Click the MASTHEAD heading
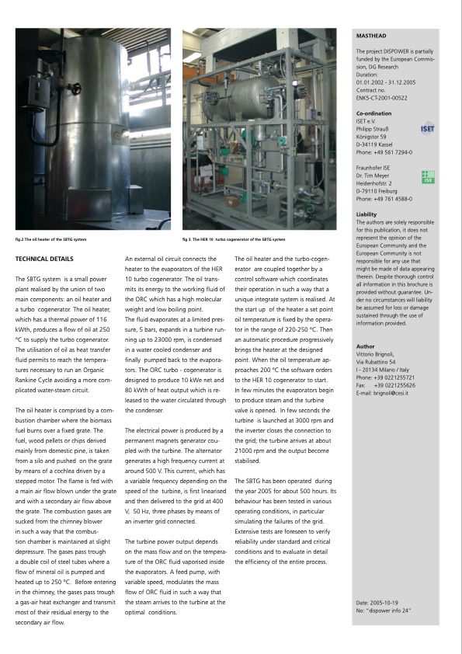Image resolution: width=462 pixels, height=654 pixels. (x=370, y=35)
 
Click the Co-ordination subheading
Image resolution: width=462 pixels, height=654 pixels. (x=374, y=113)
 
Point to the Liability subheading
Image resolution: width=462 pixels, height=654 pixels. (x=366, y=214)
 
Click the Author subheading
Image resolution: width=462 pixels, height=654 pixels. (x=365, y=346)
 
